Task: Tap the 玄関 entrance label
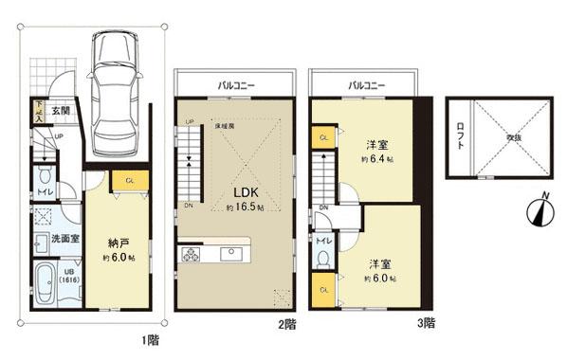pyautogui.click(x=61, y=112)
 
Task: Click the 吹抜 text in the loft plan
pyautogui.click(x=513, y=137)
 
